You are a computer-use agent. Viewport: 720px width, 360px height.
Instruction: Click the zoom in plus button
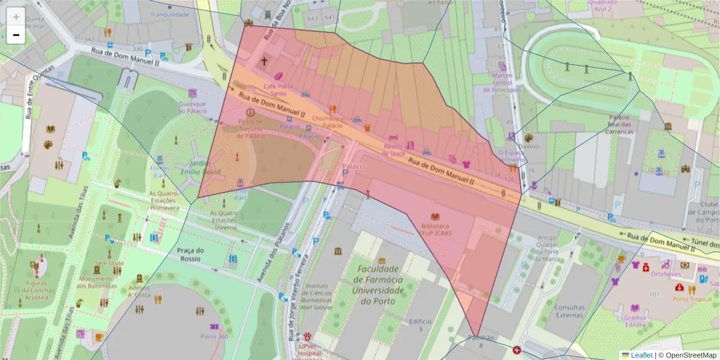point(16,17)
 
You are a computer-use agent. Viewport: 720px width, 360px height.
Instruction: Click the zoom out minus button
point(16,35)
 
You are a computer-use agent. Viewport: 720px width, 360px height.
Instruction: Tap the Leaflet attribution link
point(641,355)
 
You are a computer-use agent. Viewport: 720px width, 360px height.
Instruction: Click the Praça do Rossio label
point(191,254)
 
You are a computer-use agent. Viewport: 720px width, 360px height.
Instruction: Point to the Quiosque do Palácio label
point(192,107)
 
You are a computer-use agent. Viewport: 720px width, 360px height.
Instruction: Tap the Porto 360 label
point(214,336)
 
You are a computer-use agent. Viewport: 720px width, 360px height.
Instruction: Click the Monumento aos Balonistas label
point(98,283)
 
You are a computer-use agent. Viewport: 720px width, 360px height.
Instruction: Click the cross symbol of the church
point(265,61)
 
